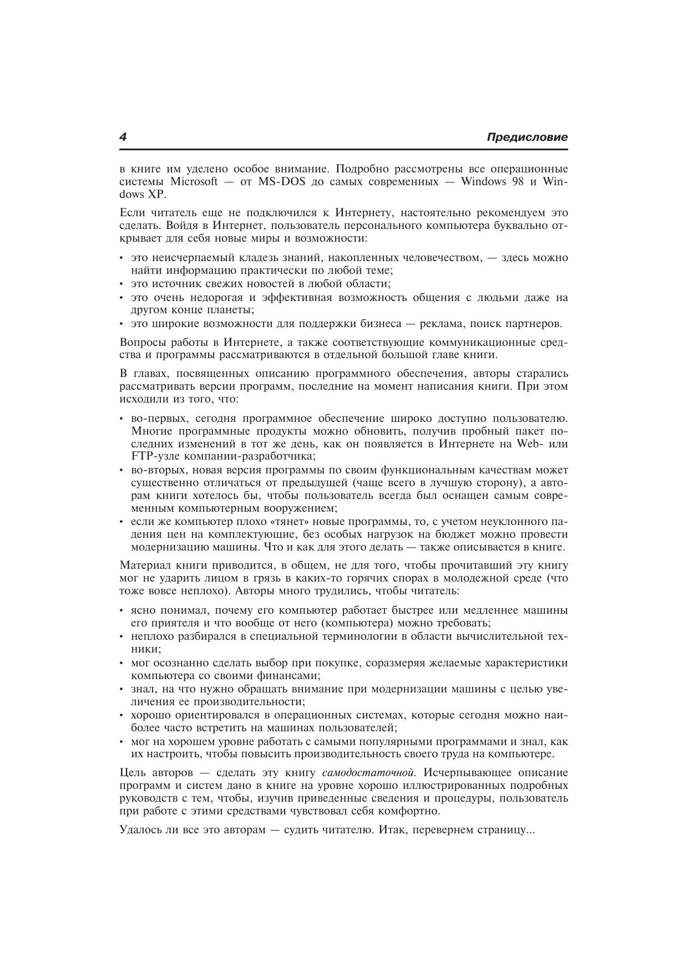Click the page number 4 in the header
(x=123, y=137)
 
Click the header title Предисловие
(x=527, y=137)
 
